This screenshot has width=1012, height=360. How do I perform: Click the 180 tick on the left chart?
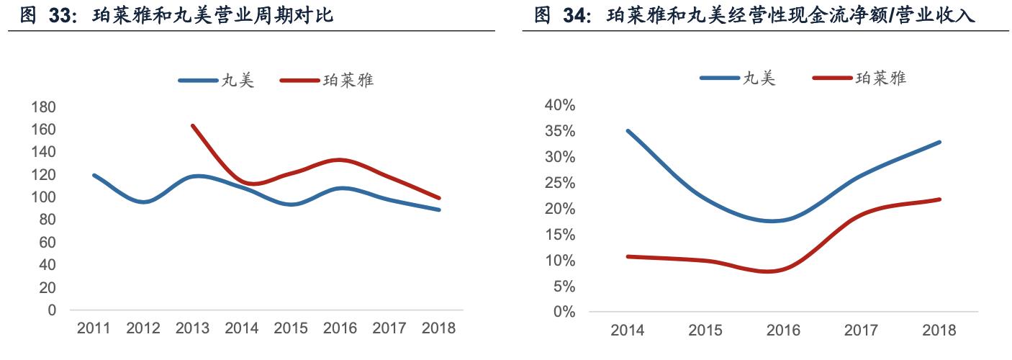click(x=43, y=107)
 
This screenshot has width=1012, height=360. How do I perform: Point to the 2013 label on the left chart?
click(x=192, y=328)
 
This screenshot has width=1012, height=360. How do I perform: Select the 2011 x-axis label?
click(x=93, y=328)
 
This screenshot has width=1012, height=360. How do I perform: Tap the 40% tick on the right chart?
click(x=560, y=105)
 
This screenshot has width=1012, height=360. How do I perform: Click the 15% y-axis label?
click(x=560, y=235)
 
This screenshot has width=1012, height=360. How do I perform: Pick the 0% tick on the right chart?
click(x=564, y=312)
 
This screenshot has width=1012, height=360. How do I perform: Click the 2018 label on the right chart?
click(x=939, y=330)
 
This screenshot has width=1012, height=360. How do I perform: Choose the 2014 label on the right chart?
click(x=628, y=330)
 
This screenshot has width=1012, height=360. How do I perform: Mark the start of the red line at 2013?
click(x=192, y=125)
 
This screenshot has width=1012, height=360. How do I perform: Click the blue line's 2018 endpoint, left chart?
click(x=438, y=210)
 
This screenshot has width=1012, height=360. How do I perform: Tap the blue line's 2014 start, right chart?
click(x=628, y=131)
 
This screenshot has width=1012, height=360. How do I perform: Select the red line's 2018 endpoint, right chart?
click(x=939, y=199)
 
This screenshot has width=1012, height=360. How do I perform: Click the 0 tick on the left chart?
click(x=53, y=310)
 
